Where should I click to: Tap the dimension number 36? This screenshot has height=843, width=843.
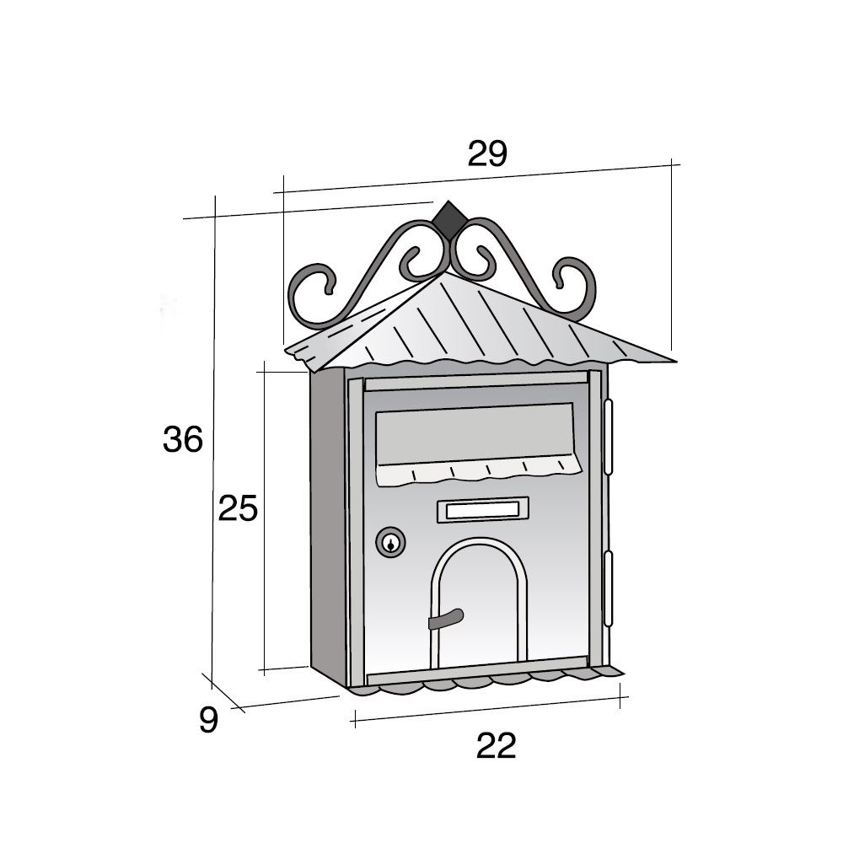click(183, 440)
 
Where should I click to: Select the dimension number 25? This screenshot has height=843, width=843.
click(237, 509)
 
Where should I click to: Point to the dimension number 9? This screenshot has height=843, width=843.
click(208, 720)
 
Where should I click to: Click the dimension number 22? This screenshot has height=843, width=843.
click(495, 746)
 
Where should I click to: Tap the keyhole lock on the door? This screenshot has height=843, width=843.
click(390, 543)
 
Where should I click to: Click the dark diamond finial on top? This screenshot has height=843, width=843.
click(450, 217)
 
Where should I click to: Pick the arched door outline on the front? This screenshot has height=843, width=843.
click(478, 548)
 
